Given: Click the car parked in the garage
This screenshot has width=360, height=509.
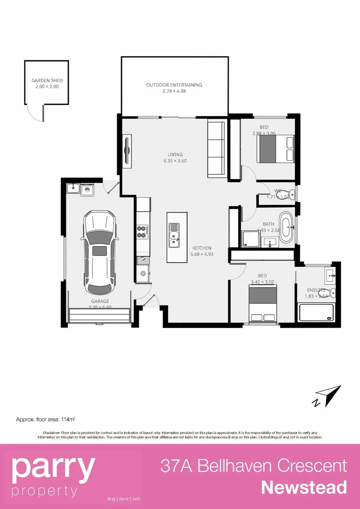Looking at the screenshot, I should pyautogui.click(x=99, y=252).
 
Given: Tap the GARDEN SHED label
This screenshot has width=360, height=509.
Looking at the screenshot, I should pyautogui.click(x=47, y=81).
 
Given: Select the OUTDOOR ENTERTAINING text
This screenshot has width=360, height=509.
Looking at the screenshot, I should pyautogui.click(x=174, y=85).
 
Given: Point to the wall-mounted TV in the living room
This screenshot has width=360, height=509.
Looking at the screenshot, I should pyautogui.click(x=127, y=150).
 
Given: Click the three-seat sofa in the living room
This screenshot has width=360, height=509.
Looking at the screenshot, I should pyautogui.click(x=216, y=149).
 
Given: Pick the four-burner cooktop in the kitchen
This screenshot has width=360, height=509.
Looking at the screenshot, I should pyautogui.click(x=143, y=231).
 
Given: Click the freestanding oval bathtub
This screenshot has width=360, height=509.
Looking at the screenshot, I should pyautogui.click(x=286, y=229).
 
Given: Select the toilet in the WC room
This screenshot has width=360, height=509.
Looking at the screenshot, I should pyautogui.click(x=291, y=193).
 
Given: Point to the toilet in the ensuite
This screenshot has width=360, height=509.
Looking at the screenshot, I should pyautogui.click(x=332, y=292).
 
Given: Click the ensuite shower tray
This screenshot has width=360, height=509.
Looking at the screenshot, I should pyautogui.click(x=316, y=312).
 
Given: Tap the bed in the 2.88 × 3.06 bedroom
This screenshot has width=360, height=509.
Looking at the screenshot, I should pyautogui.click(x=275, y=148).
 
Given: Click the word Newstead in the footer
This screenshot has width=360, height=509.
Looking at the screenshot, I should pyautogui.click(x=304, y=487).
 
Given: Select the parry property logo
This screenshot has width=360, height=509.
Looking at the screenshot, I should pyautogui.click(x=53, y=476).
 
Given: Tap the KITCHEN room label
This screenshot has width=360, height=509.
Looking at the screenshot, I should pyautogui.click(x=202, y=248).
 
